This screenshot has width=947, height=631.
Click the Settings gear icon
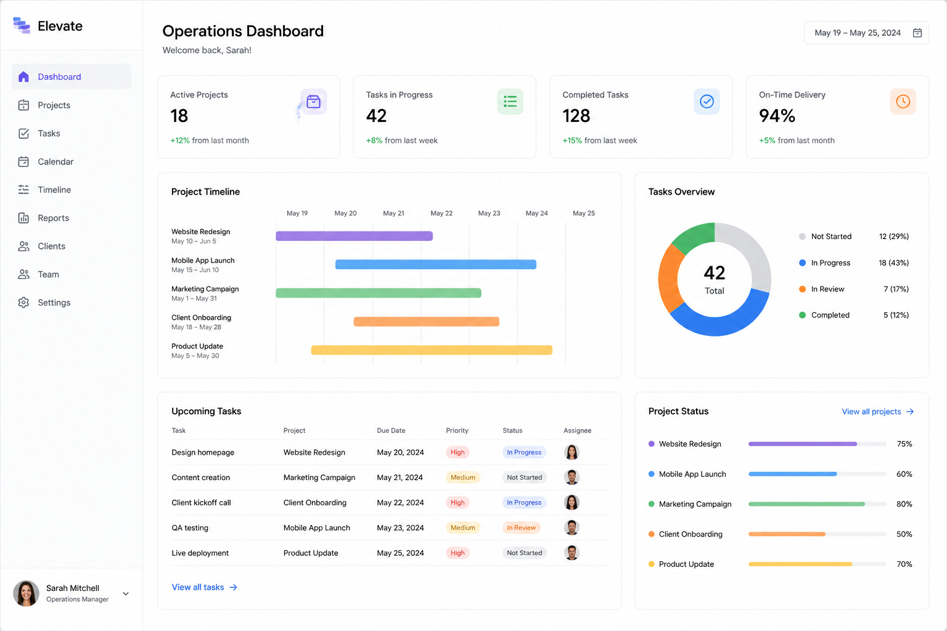[23, 303]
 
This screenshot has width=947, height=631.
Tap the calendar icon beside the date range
[917, 33]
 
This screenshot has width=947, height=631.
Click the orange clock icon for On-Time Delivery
[903, 102]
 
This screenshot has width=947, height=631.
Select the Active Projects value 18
[179, 116]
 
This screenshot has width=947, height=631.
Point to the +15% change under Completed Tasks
[572, 140]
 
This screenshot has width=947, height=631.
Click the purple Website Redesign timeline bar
[355, 236]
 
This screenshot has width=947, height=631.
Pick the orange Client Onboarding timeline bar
[427, 322]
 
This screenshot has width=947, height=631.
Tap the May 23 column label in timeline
[489, 213]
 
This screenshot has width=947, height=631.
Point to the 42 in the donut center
[715, 273]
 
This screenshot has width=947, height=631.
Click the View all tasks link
[204, 587]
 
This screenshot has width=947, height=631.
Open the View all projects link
[878, 412]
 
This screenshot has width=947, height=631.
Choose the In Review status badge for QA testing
[521, 527]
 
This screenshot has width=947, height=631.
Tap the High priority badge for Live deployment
[457, 553]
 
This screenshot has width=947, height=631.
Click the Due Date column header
[391, 430]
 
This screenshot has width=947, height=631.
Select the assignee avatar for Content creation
[572, 477]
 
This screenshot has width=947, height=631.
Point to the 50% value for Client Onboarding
[904, 534]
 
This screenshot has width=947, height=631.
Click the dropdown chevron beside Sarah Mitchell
[126, 594]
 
